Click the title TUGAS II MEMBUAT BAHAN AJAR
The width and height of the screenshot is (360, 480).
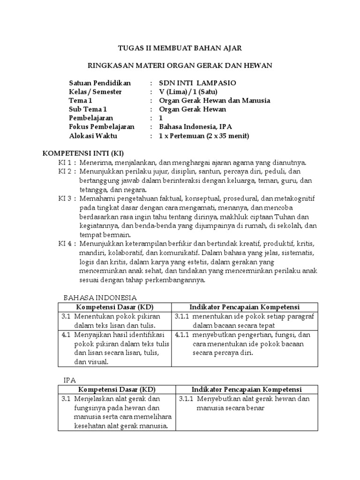(180, 48)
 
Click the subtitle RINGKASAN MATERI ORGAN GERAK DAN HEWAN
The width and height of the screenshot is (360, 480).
(180, 65)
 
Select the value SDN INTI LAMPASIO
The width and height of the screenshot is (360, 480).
(197, 83)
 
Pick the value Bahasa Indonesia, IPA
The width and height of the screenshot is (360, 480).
(195, 127)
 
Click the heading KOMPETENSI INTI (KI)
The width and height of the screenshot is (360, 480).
(83, 154)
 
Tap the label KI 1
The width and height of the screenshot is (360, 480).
(67, 163)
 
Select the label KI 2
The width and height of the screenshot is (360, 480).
(67, 172)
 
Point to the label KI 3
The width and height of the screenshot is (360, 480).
(67, 198)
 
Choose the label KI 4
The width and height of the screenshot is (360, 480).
(67, 244)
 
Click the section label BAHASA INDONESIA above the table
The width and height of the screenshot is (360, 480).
(100, 298)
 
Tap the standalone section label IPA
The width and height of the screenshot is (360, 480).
(69, 380)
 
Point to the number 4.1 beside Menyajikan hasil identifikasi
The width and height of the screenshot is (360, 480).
(66, 335)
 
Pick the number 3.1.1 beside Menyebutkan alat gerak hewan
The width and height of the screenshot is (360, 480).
(187, 399)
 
